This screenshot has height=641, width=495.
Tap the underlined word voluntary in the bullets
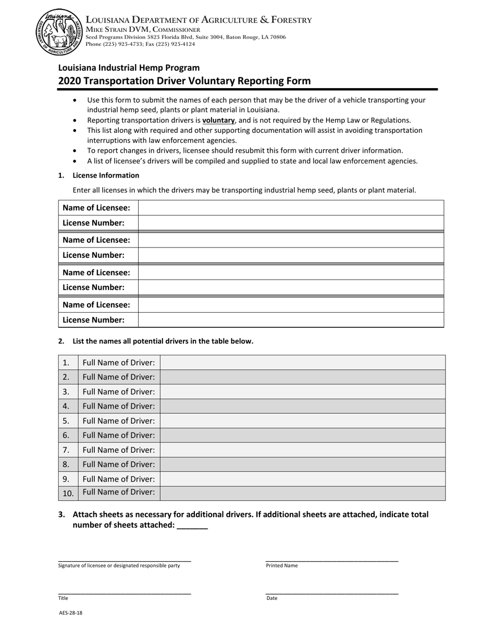tap(218, 120)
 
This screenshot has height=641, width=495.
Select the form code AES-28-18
tap(70, 613)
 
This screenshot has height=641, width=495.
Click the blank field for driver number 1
tap(302, 363)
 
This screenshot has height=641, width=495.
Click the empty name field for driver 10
tap(302, 492)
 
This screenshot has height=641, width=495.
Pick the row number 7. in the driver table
tap(66, 450)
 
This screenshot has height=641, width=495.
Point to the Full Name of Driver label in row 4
tap(119, 406)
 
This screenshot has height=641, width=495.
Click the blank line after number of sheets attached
tap(192, 525)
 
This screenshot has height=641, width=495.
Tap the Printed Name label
tap(282, 565)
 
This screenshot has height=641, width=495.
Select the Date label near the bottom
tap(272, 598)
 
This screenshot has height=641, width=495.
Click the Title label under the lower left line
tap(63, 598)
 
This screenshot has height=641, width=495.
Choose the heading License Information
tap(106, 175)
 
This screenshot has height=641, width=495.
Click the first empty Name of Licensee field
tap(290, 208)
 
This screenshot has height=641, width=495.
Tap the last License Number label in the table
tap(94, 320)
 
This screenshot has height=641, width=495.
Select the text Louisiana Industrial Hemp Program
tap(129, 67)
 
